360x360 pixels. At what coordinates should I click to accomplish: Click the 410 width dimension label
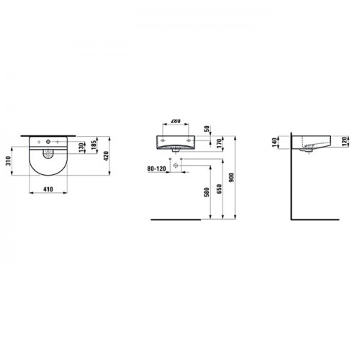(x=48, y=189)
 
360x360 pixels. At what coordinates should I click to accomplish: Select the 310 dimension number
(x=9, y=161)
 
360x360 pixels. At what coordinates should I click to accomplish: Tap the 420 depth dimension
(x=106, y=156)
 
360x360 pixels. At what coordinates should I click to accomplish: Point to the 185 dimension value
(x=94, y=145)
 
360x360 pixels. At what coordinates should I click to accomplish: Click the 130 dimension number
(x=81, y=148)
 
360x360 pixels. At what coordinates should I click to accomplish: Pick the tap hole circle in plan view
(x=48, y=142)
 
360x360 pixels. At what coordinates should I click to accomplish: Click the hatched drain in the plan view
(x=48, y=153)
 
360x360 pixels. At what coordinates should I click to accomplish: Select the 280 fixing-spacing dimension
(x=176, y=121)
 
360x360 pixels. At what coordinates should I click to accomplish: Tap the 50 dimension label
(x=207, y=129)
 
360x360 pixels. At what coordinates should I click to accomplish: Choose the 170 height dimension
(x=220, y=143)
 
